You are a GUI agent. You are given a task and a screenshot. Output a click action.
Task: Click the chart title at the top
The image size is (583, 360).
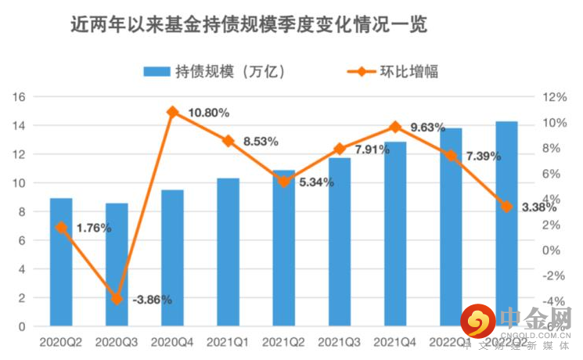(x=249, y=26)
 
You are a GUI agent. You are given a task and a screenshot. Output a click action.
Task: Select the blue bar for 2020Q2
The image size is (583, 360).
(x=61, y=262)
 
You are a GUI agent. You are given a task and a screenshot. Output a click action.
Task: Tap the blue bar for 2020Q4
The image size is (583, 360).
(x=173, y=258)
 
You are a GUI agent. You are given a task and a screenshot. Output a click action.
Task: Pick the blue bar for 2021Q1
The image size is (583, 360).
(x=229, y=252)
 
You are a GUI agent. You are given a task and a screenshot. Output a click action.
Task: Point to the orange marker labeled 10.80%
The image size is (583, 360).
(x=173, y=112)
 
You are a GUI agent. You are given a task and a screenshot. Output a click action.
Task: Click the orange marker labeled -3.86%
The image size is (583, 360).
(x=117, y=299)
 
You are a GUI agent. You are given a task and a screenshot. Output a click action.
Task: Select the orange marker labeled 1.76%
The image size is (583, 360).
(x=61, y=227)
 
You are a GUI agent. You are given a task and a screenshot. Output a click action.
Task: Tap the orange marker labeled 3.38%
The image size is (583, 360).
(x=506, y=207)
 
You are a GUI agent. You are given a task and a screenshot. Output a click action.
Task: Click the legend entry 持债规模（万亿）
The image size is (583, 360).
(x=214, y=71)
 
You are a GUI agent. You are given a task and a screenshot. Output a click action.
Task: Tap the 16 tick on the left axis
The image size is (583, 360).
(x=20, y=97)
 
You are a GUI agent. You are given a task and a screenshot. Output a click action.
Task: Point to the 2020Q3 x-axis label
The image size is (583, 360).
(x=117, y=342)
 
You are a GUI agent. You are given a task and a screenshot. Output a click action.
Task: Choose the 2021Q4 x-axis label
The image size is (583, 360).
(x=395, y=342)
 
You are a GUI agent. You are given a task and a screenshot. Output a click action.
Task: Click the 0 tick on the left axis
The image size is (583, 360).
(x=23, y=326)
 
